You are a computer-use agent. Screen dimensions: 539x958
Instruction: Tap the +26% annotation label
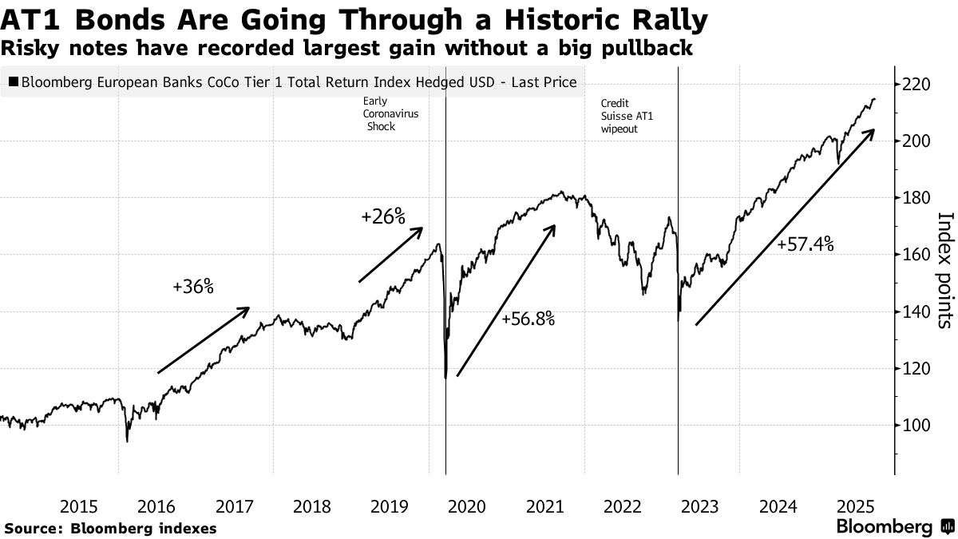coord(384,216)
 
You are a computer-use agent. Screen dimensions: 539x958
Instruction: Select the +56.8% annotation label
coord(528,319)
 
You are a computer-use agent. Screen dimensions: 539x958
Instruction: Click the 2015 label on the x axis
coord(79,506)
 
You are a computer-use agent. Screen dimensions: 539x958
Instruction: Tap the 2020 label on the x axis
coord(467,506)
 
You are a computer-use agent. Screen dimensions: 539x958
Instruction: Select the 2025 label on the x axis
coord(856,506)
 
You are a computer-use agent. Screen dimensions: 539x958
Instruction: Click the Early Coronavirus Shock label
coord(390,114)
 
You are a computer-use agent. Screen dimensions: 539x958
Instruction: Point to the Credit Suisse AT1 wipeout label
coord(626,116)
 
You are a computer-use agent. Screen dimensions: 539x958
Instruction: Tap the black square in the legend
coord(14,82)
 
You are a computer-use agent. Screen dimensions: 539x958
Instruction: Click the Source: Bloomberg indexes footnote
coord(110,528)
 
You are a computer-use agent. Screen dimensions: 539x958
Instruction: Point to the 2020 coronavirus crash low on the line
coord(445,378)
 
